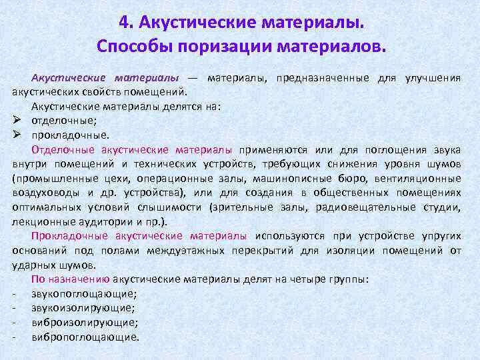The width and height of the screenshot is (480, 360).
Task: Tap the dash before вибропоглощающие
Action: point(14,337)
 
